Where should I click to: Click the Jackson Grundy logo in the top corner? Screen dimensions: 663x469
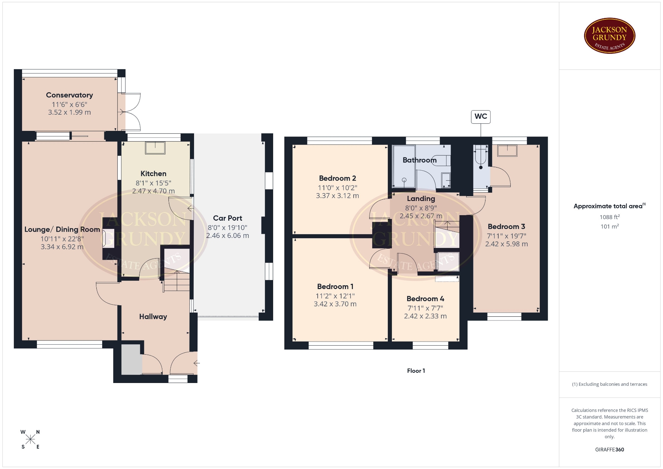[609, 36]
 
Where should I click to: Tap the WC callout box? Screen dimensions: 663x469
[481, 117]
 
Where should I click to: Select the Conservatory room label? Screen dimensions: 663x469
[69, 95]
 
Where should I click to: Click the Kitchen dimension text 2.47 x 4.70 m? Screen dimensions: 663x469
[153, 191]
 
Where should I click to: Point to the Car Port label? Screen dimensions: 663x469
[228, 218]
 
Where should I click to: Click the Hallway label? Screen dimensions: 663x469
[153, 317]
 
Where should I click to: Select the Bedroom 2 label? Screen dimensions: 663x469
[337, 178]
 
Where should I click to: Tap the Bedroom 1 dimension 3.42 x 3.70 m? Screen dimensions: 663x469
[335, 304]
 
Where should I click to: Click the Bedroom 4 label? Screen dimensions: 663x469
[425, 299]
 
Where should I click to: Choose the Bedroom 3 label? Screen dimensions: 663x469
[506, 227]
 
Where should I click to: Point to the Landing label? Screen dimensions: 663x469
[421, 199]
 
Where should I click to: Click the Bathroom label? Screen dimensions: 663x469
[420, 160]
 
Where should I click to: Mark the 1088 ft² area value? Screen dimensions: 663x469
[609, 217]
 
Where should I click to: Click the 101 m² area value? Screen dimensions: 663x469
[609, 227]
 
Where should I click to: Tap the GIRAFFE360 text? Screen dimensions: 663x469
[609, 450]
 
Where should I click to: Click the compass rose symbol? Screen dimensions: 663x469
[30, 439]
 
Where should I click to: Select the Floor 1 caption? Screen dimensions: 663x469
[416, 371]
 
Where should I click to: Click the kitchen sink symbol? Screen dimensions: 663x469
[155, 147]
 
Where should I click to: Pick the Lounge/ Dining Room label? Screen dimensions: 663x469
[62, 230]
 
